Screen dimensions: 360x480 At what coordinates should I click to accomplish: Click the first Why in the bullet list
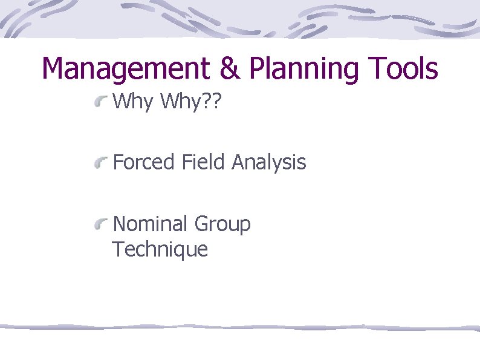(133, 102)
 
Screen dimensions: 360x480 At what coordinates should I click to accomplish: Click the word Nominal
(151, 224)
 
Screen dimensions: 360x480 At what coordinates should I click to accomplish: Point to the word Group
(222, 225)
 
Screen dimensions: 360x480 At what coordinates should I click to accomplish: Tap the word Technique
(160, 250)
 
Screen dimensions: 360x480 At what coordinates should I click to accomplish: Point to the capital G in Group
(202, 224)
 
